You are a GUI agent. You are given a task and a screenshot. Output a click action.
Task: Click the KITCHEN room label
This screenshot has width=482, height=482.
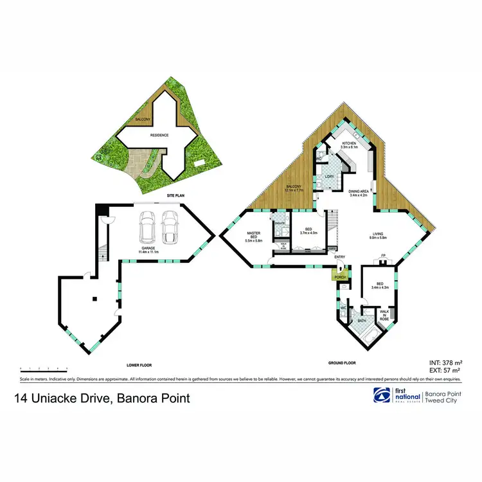click(349, 143)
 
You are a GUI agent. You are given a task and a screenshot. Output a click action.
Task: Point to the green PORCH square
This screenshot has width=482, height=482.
click(339, 276)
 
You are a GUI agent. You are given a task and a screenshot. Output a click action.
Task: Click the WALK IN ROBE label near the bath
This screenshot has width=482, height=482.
click(384, 314)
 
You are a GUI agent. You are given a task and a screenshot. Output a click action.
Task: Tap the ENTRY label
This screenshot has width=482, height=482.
click(340, 257)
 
